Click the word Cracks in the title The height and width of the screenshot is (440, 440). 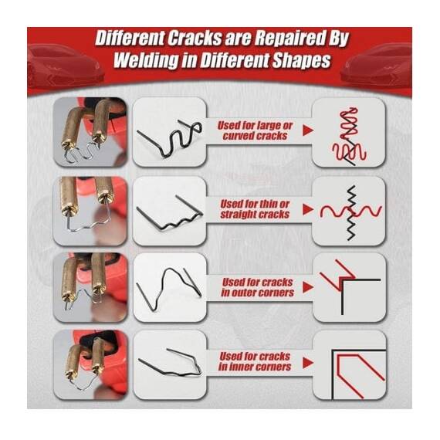click(195, 39)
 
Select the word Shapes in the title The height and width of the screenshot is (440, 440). click(301, 60)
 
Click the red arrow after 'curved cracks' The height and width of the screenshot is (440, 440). click(308, 130)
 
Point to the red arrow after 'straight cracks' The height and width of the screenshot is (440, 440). click(308, 209)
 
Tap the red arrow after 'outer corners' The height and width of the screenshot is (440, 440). click(308, 287)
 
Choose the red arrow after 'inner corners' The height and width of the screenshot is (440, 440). click(308, 363)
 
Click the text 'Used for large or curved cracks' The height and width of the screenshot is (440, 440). click(255, 130)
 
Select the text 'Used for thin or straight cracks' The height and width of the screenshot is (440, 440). click(255, 209)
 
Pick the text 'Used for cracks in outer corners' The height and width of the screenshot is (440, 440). click(257, 287)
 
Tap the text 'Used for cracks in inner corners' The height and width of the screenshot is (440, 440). click(255, 362)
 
